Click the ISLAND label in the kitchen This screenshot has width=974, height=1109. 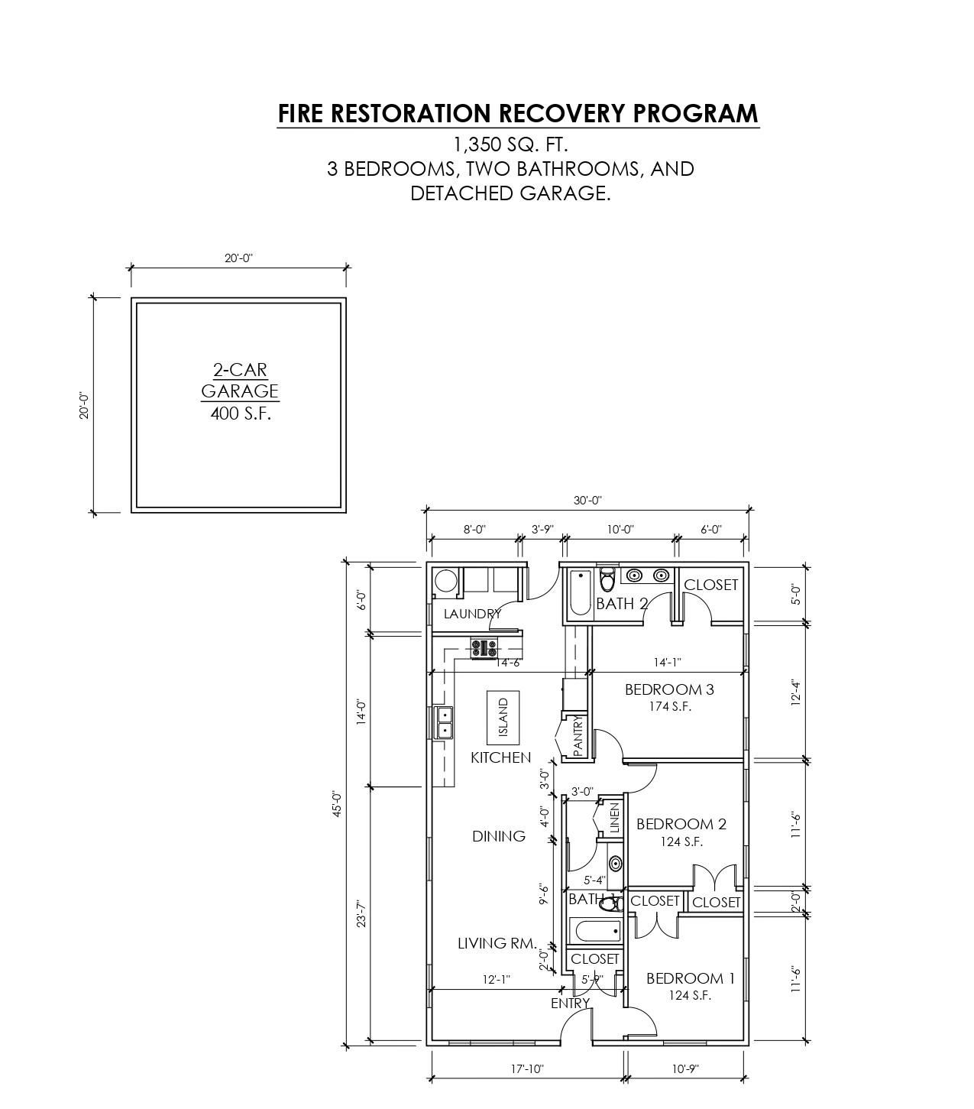503,718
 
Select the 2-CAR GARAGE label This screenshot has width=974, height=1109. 240,381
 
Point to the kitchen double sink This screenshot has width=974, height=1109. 443,723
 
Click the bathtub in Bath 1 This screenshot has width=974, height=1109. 597,931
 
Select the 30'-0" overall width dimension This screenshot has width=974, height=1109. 587,501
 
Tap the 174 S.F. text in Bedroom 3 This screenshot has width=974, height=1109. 669,707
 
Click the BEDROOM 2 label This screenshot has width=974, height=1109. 681,824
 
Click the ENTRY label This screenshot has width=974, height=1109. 571,1004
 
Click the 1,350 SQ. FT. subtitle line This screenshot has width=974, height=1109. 510,144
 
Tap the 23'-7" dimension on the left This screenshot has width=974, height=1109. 361,914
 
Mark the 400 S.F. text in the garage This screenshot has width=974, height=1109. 240,414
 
